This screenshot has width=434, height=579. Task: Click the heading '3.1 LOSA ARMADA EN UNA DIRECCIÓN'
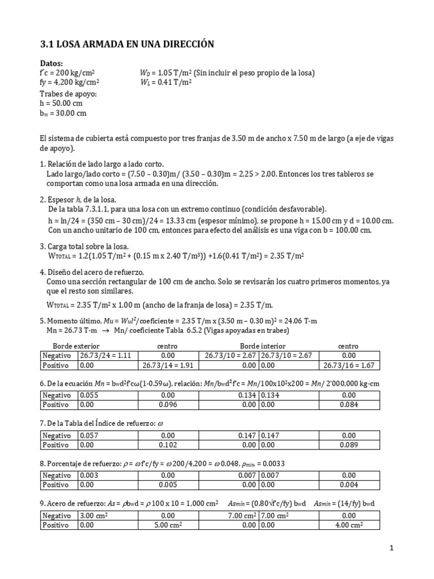[x=128, y=44]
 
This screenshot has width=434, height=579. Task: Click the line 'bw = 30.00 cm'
[x=64, y=113]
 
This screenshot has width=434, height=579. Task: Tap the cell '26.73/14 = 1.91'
[x=168, y=365]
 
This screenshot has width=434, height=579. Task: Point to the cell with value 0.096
[x=168, y=405]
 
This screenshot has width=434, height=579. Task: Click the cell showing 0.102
[x=168, y=445]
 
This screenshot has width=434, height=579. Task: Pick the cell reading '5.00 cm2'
[x=168, y=525]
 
